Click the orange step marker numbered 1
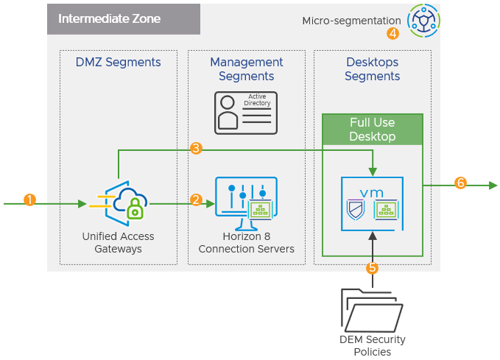tap(29, 200)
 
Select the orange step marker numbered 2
tap(196, 200)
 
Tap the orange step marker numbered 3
tap(196, 149)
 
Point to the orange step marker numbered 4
tap(392, 33)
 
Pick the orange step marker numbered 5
tap(373, 268)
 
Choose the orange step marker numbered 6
tap(460, 183)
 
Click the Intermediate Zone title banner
tap(124, 19)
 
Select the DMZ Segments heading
tap(118, 63)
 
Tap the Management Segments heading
tap(246, 69)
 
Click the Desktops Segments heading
tap(373, 69)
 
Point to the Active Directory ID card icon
tap(246, 113)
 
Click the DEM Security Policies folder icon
tap(372, 310)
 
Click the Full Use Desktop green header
tap(372, 129)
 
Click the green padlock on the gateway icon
tap(135, 212)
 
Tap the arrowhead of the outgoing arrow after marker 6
tap(493, 186)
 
